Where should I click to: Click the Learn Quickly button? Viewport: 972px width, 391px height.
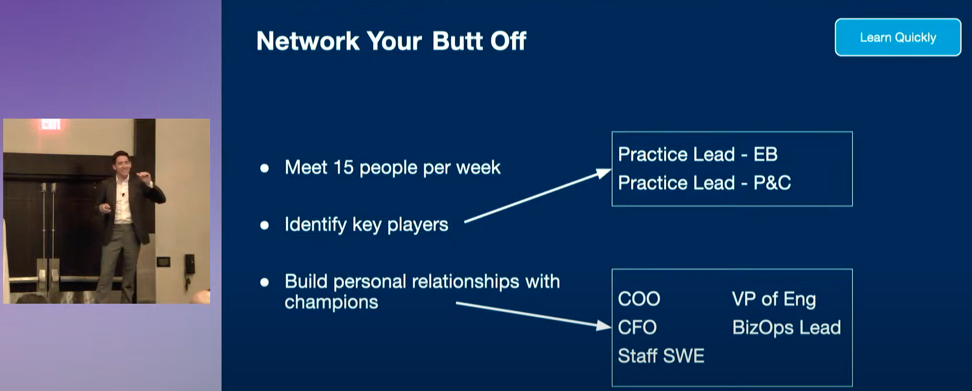(898, 37)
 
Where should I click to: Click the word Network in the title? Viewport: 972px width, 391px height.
(308, 41)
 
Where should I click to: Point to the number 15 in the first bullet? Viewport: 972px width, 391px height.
(343, 167)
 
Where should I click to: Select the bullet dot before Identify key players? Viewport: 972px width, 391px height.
(264, 225)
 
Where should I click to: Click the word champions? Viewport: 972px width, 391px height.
(331, 303)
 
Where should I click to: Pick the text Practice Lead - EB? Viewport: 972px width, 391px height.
(698, 154)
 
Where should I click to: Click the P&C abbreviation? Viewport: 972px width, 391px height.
(772, 183)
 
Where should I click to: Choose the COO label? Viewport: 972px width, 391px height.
(639, 299)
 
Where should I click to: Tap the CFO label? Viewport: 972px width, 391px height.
(637, 328)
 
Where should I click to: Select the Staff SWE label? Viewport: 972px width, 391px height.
(661, 356)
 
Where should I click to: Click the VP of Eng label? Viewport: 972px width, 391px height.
(774, 300)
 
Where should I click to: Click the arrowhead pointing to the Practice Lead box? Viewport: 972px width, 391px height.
(604, 174)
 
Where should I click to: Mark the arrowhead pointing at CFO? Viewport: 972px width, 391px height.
(604, 326)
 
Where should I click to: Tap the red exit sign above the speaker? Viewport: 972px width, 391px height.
(51, 124)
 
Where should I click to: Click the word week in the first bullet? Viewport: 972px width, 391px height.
(478, 167)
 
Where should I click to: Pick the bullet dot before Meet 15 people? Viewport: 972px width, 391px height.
(264, 168)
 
